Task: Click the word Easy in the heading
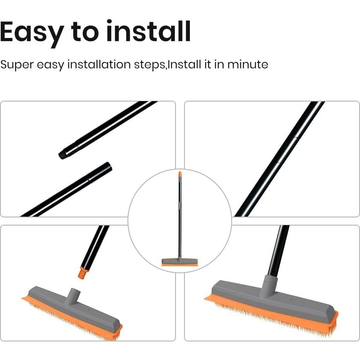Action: click(x=31, y=33)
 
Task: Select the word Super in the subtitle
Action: click(x=17, y=64)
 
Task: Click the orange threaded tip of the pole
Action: click(x=83, y=273)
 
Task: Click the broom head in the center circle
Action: click(x=179, y=262)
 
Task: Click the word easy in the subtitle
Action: click(x=50, y=65)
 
